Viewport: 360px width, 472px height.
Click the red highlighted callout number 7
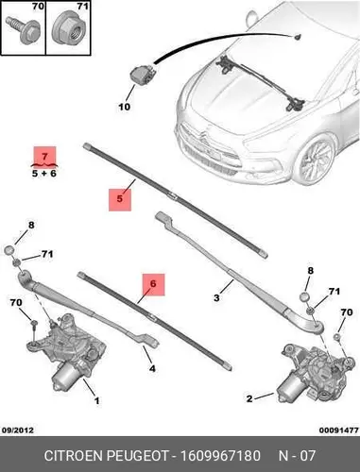[x=45, y=156]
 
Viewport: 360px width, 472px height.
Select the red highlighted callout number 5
[x=120, y=199]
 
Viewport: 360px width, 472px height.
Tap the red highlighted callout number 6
[x=153, y=284]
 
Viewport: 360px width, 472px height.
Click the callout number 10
[x=124, y=107]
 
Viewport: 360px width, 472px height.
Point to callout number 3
[x=216, y=297]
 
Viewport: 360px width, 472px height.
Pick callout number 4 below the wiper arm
[x=152, y=368]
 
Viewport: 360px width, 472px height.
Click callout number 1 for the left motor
[x=97, y=401]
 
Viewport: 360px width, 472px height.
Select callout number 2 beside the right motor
[x=249, y=399]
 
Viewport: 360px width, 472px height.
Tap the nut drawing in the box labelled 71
[x=69, y=30]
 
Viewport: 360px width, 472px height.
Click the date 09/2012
[x=18, y=430]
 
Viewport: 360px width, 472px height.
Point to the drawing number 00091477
[x=338, y=430]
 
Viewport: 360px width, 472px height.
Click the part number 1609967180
[x=220, y=456]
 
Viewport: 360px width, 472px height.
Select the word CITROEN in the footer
[x=74, y=456]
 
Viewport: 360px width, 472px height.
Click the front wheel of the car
[x=316, y=159]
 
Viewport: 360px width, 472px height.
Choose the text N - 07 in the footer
[x=297, y=456]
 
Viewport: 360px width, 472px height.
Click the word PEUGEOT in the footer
[x=138, y=456]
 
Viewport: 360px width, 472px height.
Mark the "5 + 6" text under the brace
[x=44, y=173]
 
